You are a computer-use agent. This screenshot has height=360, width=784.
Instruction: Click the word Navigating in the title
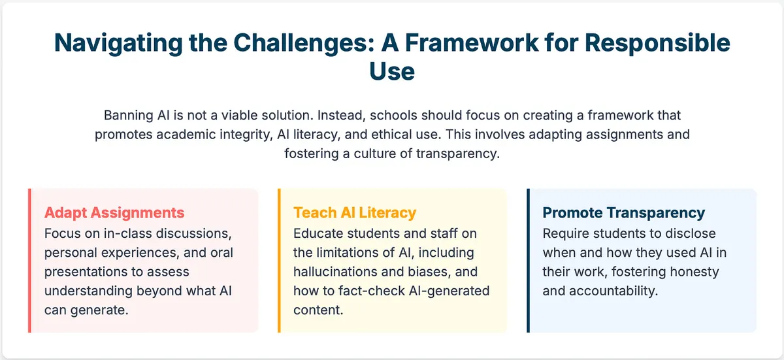pyautogui.click(x=118, y=43)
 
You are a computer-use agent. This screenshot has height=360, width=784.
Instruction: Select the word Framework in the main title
pyautogui.click(x=472, y=42)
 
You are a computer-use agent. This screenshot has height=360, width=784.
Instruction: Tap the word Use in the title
pyautogui.click(x=392, y=71)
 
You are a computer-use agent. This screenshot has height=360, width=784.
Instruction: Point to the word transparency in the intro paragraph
pyautogui.click(x=458, y=154)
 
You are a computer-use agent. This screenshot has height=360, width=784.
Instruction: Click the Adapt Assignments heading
pyautogui.click(x=114, y=213)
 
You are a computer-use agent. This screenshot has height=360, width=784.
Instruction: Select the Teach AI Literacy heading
pyautogui.click(x=355, y=213)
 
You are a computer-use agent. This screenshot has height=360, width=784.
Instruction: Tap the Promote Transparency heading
pyautogui.click(x=624, y=213)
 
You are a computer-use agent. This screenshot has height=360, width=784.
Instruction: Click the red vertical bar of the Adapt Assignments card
pyautogui.click(x=30, y=260)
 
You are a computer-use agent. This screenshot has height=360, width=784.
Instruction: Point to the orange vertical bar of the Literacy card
pyautogui.click(x=279, y=260)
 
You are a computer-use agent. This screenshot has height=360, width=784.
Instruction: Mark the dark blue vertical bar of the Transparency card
pyautogui.click(x=528, y=260)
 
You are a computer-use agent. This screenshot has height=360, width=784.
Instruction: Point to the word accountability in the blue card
pyautogui.click(x=613, y=291)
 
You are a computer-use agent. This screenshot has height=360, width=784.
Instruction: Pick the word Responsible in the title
pyautogui.click(x=657, y=43)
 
